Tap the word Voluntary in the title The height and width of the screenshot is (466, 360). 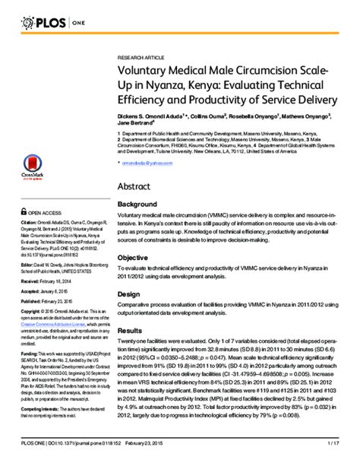click(146, 70)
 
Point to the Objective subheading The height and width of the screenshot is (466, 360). click(134, 257)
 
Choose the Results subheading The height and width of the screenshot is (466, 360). click(131, 331)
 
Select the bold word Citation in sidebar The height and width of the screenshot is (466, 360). click(30, 222)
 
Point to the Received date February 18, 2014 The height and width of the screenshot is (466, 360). click(58, 281)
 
